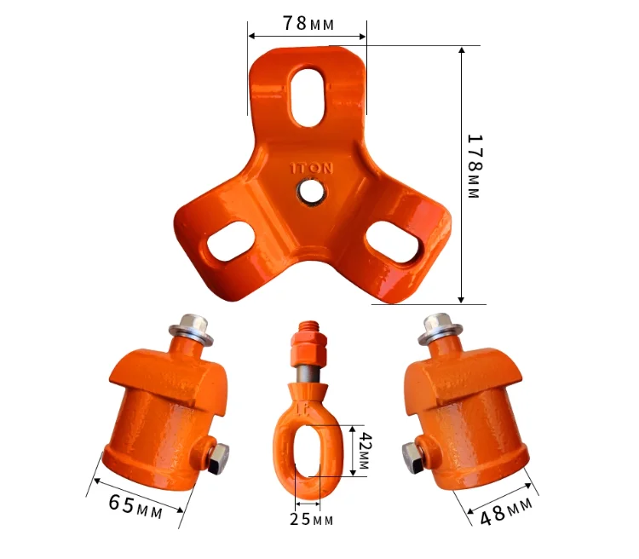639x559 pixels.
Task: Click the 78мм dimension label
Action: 308,24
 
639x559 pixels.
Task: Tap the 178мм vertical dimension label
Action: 474,166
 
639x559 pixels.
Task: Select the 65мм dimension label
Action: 135,506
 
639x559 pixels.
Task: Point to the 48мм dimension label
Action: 506,511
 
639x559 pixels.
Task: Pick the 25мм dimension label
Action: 311,520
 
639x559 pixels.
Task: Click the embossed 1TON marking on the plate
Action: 311,168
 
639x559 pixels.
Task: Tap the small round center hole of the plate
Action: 312,192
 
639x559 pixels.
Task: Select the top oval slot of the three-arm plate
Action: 309,97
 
